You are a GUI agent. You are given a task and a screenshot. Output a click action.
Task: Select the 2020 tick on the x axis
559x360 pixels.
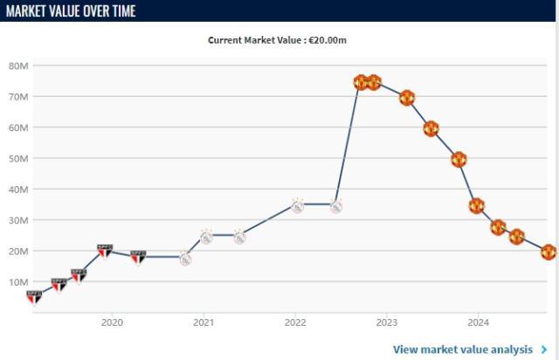112,321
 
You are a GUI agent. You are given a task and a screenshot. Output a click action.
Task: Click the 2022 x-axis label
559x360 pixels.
295,321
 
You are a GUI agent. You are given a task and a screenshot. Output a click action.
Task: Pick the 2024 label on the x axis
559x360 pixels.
478,321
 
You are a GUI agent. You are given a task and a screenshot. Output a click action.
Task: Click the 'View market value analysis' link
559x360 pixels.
462,350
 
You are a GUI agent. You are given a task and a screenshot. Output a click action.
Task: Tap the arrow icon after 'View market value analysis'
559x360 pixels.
544,350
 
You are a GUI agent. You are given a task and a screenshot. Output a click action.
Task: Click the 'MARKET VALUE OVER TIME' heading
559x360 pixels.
71,10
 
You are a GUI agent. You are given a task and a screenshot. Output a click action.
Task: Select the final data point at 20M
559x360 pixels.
549,252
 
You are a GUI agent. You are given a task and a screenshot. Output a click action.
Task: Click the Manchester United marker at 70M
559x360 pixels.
407,98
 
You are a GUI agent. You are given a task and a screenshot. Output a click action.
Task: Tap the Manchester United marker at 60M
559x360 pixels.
431,128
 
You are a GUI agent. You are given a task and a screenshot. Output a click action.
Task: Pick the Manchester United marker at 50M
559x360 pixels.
459,159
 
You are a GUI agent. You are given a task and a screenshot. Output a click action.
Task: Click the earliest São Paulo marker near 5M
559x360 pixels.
34,297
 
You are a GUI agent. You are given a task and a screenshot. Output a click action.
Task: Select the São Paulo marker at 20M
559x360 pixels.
105,252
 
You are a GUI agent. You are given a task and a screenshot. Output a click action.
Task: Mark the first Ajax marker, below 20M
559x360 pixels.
185,259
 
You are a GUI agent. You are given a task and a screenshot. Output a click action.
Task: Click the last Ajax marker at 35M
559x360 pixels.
335,206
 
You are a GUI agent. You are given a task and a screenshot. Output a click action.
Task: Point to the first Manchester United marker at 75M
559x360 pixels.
361,82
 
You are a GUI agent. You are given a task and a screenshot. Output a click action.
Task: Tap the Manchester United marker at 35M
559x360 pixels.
476,206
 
